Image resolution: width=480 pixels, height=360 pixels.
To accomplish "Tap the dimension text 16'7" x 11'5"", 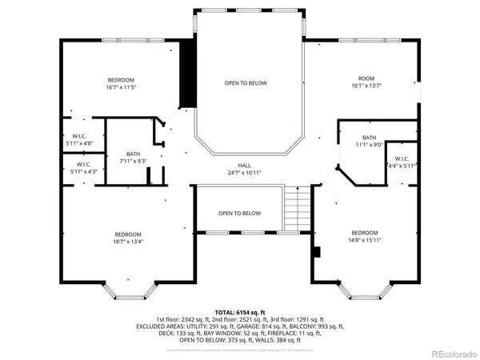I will [121, 88].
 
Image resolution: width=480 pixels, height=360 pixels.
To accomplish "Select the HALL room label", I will [244, 165].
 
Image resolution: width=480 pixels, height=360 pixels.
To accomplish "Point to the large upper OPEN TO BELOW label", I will [246, 83].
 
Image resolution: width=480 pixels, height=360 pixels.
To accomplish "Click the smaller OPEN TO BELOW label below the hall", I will [240, 214].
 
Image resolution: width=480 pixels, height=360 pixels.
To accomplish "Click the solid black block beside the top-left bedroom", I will [188, 74].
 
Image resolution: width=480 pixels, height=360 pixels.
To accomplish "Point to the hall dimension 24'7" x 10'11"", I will [244, 172].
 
